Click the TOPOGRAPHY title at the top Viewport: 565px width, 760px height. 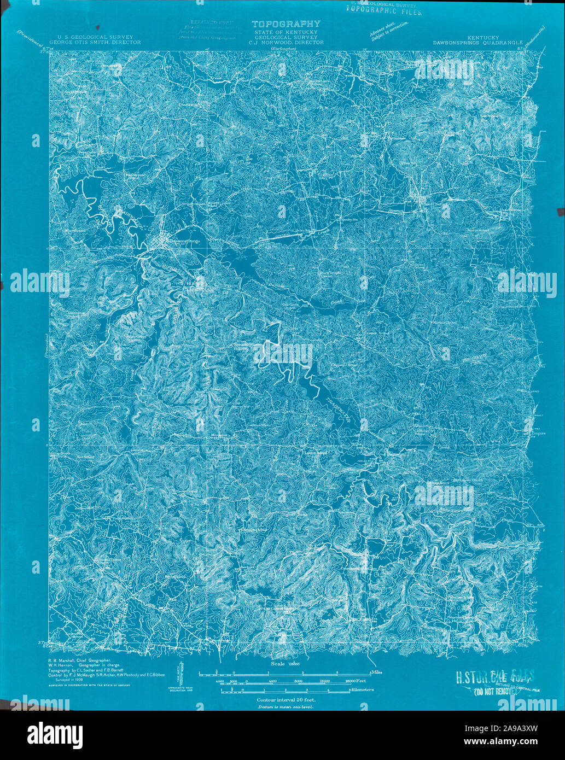[x=285, y=24]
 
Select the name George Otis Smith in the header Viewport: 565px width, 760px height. [x=95, y=42]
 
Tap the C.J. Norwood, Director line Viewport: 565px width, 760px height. [x=282, y=42]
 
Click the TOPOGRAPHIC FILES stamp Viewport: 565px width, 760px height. [x=383, y=10]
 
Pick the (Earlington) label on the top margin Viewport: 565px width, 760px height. [x=283, y=49]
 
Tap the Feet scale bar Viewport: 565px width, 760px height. [x=284, y=681]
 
